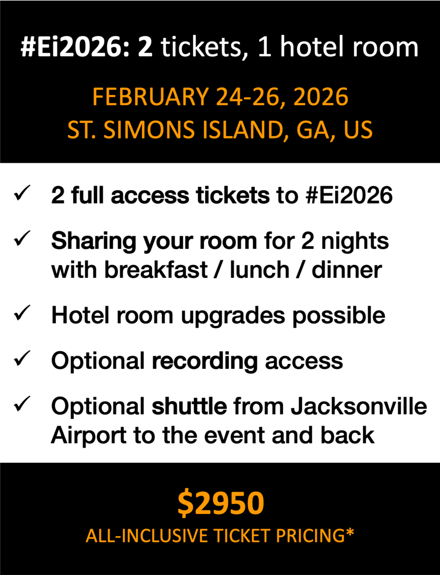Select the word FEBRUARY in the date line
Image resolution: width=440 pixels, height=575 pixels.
pyautogui.click(x=150, y=97)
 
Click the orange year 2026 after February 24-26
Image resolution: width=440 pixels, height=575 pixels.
pyautogui.click(x=321, y=97)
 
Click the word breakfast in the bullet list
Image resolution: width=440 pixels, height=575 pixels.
pyautogui.click(x=156, y=270)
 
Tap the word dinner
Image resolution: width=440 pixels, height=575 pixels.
pyautogui.click(x=347, y=270)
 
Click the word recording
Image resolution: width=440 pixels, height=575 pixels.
pyautogui.click(x=205, y=361)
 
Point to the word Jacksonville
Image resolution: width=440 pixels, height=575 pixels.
pyautogui.click(x=359, y=407)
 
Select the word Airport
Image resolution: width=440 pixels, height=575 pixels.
pyautogui.click(x=88, y=436)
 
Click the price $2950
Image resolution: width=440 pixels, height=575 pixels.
pyautogui.click(x=221, y=503)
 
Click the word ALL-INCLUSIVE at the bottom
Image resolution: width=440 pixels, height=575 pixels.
pyautogui.click(x=147, y=536)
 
